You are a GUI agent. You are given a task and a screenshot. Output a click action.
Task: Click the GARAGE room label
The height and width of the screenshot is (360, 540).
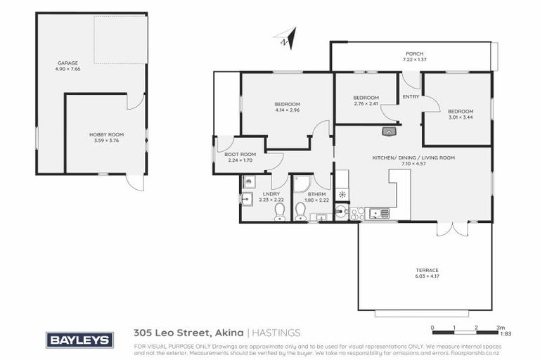tap(67, 63)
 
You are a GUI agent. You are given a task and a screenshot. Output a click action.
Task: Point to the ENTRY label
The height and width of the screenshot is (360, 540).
tap(410, 98)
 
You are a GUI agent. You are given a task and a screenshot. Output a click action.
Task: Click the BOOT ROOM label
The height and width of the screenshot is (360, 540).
tap(240, 154)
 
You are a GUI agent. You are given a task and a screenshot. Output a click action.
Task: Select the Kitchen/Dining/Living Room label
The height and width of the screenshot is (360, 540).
tap(413, 158)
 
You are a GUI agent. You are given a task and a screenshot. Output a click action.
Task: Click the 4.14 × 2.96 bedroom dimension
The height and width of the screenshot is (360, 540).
tap(287, 110)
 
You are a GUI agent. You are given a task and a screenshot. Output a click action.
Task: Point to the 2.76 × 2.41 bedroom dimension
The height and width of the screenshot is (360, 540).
tap(366, 104)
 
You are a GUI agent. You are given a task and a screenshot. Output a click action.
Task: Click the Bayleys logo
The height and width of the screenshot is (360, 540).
tap(80, 340)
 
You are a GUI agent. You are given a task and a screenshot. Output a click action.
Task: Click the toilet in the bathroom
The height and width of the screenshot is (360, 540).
tap(302, 210)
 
